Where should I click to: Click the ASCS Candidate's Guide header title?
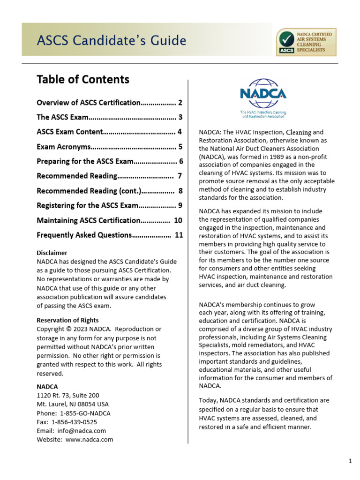(112, 41)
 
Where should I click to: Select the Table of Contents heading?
(83, 80)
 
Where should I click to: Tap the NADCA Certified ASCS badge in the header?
(307, 42)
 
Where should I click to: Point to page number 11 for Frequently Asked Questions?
(179, 235)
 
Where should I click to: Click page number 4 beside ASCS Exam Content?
(180, 132)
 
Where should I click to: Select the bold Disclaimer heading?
(52, 253)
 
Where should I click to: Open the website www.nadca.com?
(89, 440)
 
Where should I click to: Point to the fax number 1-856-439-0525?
(75, 422)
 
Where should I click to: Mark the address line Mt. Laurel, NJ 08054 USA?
(73, 404)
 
